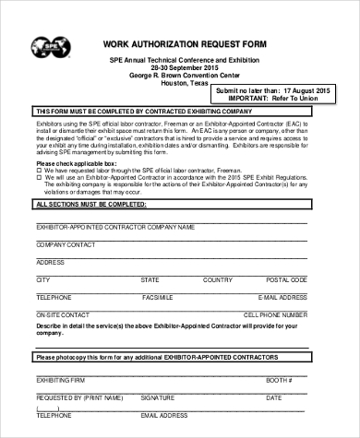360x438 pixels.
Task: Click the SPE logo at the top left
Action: [49, 46]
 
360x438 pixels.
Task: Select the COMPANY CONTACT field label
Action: [66, 244]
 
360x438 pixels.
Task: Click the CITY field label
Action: [42, 278]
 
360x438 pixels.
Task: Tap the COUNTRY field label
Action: [217, 278]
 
